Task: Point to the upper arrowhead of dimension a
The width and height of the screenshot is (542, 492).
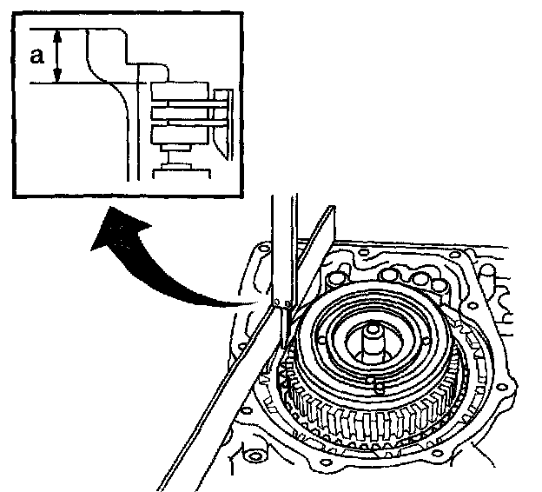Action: coord(58,34)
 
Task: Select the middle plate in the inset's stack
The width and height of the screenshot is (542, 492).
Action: coord(178,113)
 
